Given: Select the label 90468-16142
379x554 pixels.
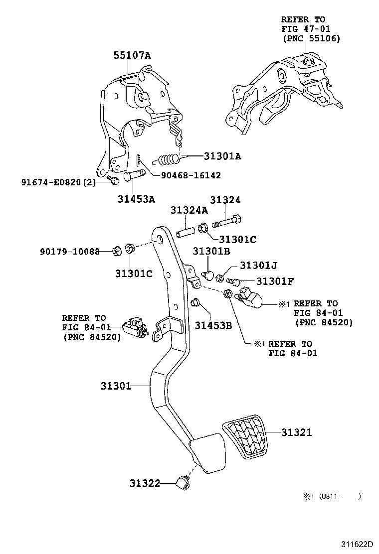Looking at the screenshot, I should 190,175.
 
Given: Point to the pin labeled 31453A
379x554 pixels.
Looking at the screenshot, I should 133,175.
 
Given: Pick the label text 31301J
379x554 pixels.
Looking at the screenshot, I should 258,266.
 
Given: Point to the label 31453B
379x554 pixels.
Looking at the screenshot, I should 213,325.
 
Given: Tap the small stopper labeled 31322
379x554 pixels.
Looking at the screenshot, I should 183,482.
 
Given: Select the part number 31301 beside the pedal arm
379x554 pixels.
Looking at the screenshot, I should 116,386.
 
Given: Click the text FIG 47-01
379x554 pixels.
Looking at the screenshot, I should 305,29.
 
